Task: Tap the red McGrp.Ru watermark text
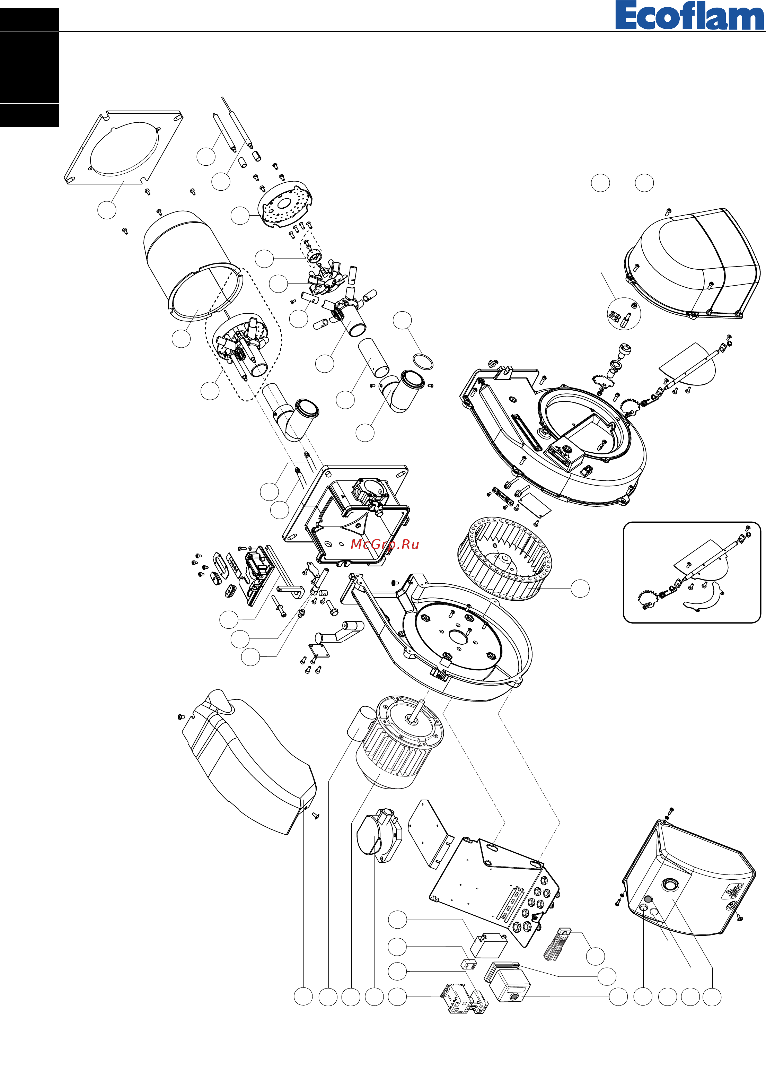point(384,545)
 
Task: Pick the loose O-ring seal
point(423,362)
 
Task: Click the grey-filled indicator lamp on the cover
point(648,899)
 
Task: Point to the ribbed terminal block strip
point(557,944)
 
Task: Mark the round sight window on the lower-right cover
point(670,884)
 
